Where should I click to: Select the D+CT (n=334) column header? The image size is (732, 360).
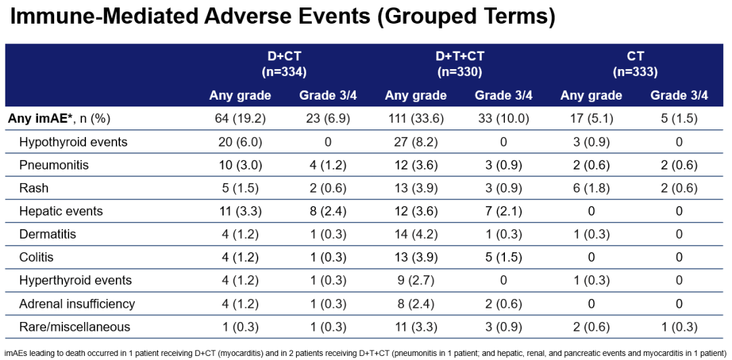point(284,64)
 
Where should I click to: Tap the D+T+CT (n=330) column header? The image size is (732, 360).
point(460,64)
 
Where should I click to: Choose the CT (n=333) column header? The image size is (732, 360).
point(635,64)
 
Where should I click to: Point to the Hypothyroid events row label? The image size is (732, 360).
point(73,142)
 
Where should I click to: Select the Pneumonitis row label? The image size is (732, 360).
point(54,165)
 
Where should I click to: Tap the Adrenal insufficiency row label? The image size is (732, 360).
point(77,304)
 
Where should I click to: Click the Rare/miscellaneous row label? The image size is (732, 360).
point(75,327)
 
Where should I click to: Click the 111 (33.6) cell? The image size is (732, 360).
point(415,119)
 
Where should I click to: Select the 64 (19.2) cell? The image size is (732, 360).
point(240,119)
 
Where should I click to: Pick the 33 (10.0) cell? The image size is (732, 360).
point(504,119)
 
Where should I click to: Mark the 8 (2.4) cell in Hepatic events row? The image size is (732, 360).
point(328,211)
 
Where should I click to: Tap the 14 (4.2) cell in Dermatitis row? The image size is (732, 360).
point(415,235)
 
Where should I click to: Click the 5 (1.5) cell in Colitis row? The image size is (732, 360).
point(504,258)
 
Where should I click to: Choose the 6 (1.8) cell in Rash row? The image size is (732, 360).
point(591,188)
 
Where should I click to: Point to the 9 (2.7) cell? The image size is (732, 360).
point(415,281)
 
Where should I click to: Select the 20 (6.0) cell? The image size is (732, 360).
point(240,142)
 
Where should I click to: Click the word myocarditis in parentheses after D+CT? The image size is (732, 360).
point(241,353)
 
